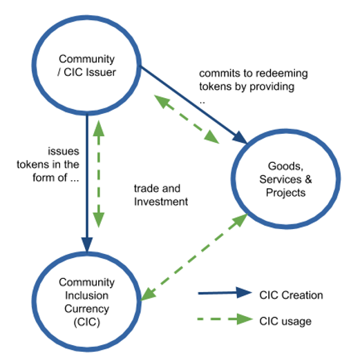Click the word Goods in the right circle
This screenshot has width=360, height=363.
(285, 166)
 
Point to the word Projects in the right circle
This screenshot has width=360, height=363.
(285, 193)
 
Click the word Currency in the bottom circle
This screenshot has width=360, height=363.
(86, 309)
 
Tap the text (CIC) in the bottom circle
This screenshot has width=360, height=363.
(86, 322)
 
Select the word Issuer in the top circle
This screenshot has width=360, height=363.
(101, 72)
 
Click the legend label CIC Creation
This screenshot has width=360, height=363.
(291, 295)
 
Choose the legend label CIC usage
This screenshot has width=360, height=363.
(285, 322)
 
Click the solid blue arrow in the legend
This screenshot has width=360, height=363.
(225, 293)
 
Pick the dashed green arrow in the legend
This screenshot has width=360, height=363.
(225, 320)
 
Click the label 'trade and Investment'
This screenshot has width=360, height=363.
(161, 195)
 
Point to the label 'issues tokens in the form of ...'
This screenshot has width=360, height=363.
(48, 165)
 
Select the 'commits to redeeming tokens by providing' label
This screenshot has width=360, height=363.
(254, 80)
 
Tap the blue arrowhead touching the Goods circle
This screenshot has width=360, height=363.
(240, 138)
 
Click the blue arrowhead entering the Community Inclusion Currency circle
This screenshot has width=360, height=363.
(87, 244)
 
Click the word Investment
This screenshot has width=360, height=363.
(161, 202)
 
